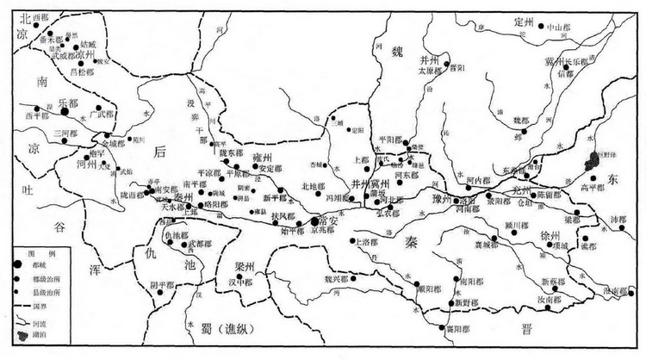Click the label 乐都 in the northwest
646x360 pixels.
click(x=67, y=101)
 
